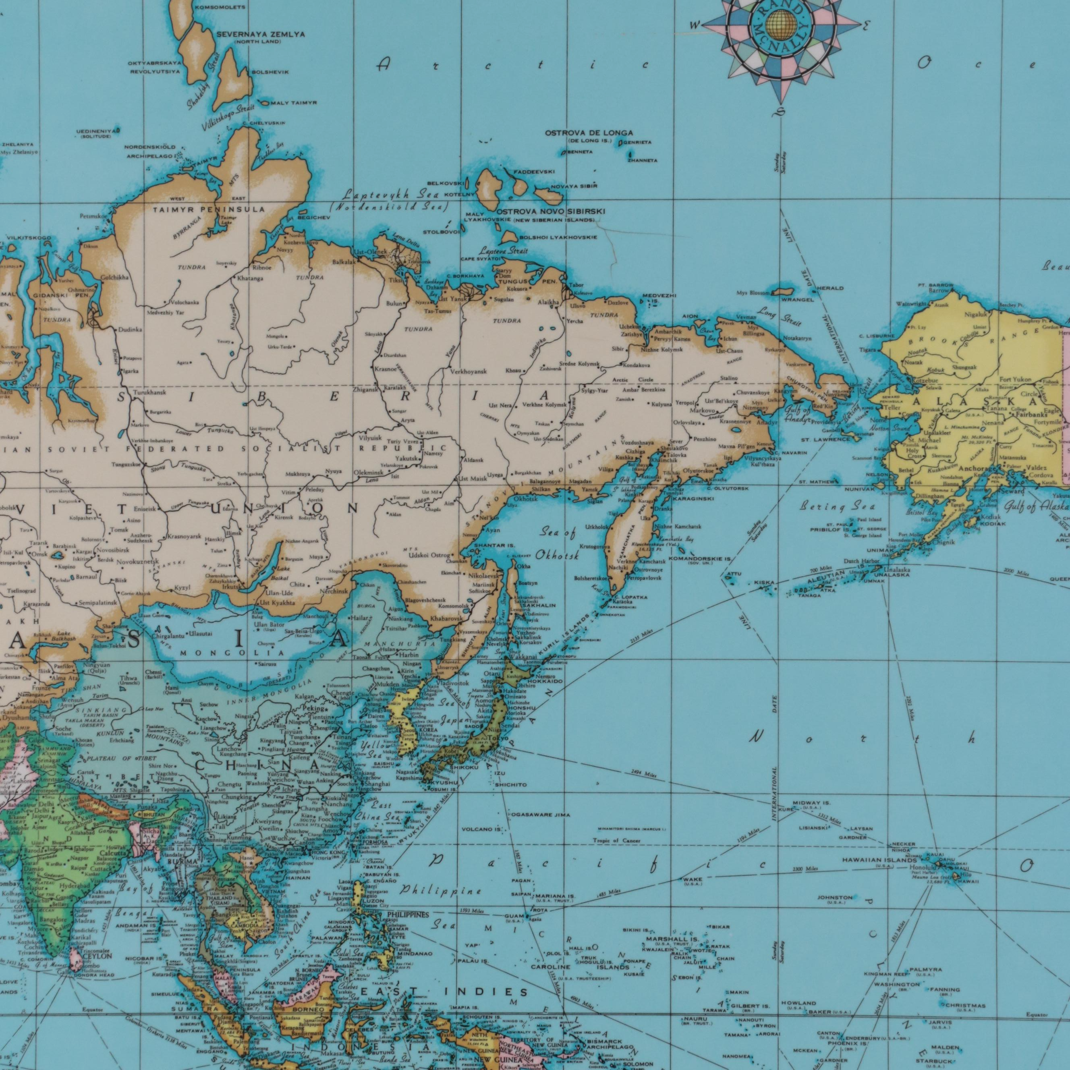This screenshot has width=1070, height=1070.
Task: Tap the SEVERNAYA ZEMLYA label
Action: (260, 34)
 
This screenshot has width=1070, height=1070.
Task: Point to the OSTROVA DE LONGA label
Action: (589, 133)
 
